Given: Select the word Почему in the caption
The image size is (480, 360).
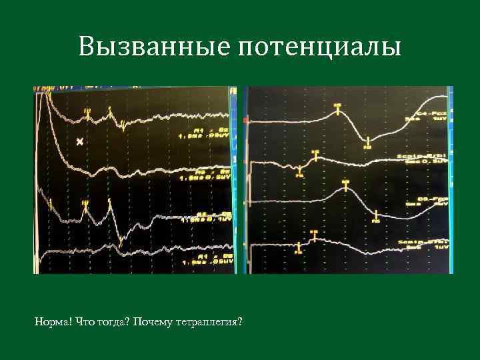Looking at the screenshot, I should tap(152, 323).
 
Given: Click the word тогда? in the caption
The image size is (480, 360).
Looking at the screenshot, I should tap(113, 323).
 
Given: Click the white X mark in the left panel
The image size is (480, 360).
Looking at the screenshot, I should tap(80, 141).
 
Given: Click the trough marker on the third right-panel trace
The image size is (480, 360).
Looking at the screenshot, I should tap(376, 216).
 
